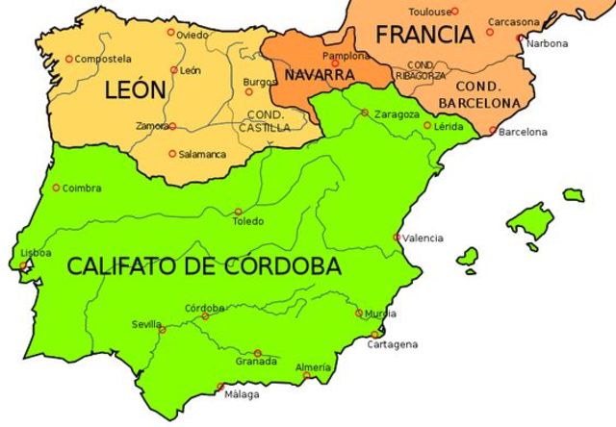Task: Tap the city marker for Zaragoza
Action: pos(365,113)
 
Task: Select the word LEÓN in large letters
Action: pos(135,91)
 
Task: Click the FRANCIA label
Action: pos(424,36)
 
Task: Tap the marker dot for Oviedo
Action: pos(171,32)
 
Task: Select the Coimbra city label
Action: pos(81,188)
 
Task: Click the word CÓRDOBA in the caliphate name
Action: pos(274,266)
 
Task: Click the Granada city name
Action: pos(256,362)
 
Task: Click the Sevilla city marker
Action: pos(162,330)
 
